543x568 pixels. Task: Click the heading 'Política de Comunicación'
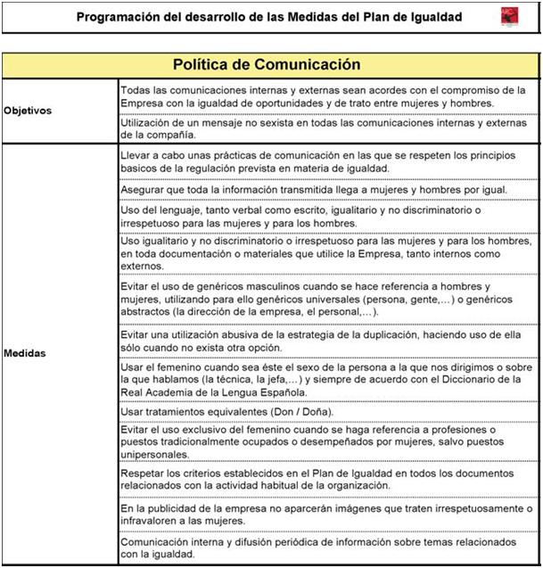pos(267,65)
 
